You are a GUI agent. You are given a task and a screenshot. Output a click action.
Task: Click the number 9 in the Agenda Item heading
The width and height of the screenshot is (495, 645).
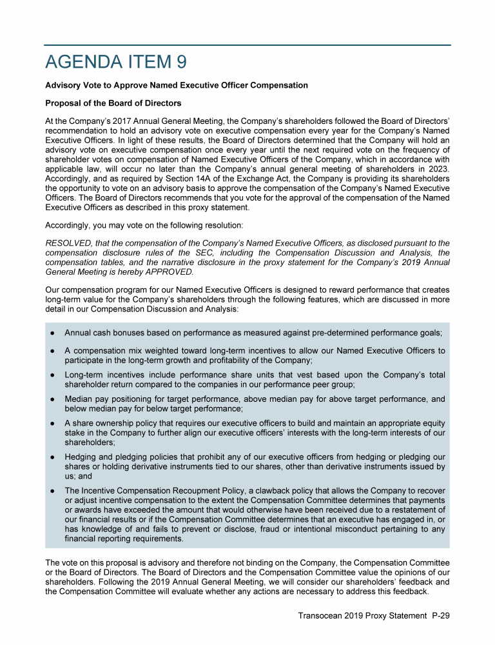182,62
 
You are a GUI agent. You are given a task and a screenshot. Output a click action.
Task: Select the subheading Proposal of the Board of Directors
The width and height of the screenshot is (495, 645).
113,103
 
